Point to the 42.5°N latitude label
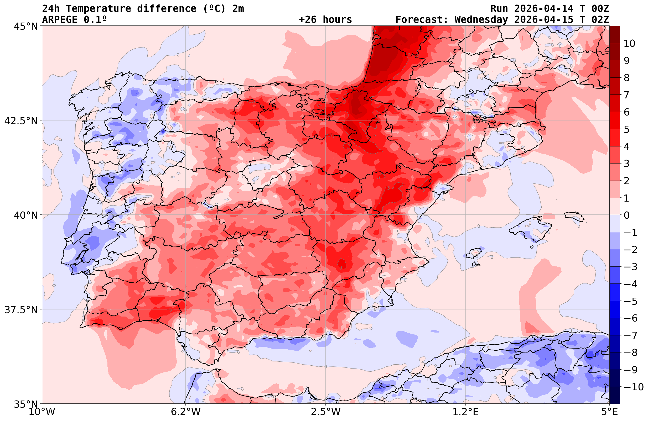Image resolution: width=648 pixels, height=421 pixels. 21,120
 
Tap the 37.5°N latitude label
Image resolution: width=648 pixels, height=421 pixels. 21,310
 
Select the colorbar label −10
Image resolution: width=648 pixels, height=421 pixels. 633,387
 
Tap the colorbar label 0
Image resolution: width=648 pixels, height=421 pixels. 626,215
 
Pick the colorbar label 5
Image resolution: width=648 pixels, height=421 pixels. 626,129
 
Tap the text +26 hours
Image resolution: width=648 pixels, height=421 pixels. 325,20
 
